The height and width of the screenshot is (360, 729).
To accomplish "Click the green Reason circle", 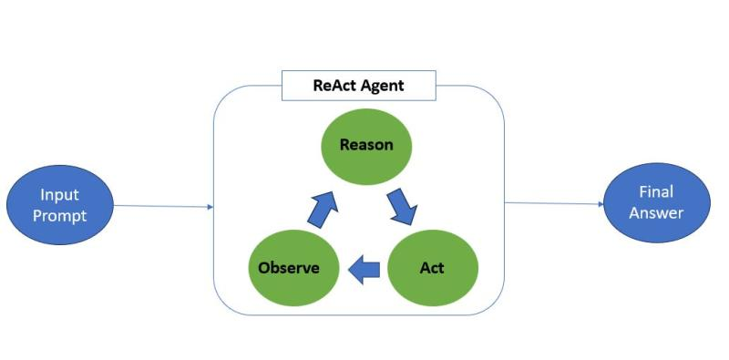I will click(365, 146).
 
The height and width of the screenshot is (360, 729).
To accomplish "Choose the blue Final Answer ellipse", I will click(656, 203).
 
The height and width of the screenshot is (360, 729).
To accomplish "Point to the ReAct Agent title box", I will click(358, 87).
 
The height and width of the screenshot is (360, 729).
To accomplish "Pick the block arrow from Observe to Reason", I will click(323, 209).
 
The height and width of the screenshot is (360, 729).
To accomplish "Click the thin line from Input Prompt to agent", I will click(164, 207).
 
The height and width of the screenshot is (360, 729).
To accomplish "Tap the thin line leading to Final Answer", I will click(551, 204).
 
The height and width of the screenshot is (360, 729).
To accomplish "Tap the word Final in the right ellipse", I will click(656, 192).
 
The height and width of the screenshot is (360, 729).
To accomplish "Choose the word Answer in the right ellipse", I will click(656, 213).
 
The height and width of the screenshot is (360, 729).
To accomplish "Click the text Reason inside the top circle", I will click(365, 145).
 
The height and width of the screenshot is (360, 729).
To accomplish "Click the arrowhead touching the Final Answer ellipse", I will click(600, 204).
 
